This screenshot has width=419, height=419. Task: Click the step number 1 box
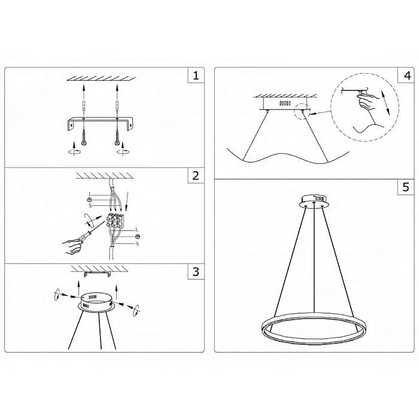pyautogui.click(x=195, y=76)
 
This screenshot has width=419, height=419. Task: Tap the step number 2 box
pyautogui.click(x=195, y=176)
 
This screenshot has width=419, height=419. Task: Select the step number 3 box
pyautogui.click(x=195, y=272)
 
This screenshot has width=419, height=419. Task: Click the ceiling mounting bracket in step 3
pyautogui.click(x=97, y=274)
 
